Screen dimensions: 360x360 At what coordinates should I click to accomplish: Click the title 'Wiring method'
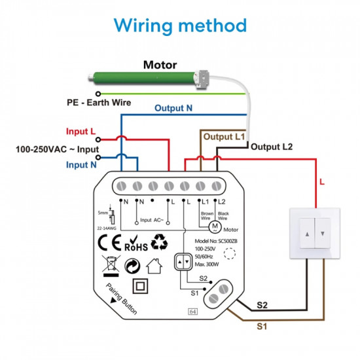coord(180,26)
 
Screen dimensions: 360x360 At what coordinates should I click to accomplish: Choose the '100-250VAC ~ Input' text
coord(58,149)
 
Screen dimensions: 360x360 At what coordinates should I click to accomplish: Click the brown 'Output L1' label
coord(223,137)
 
